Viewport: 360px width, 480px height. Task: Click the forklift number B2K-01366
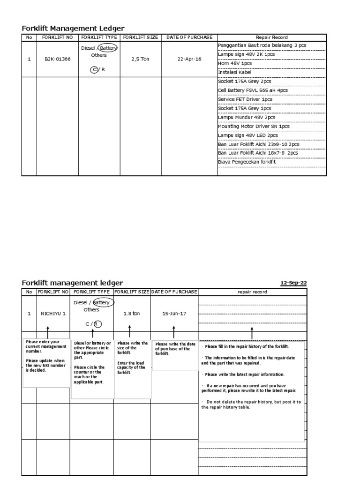[57, 60]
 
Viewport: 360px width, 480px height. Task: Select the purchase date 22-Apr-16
[189, 60]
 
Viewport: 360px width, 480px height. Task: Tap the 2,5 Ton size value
[140, 60]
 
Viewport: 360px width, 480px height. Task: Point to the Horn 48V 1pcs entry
[234, 63]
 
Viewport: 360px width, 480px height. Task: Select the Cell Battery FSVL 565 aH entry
[253, 90]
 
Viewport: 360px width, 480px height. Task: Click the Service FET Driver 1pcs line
[245, 99]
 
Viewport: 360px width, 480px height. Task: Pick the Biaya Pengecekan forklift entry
[247, 162]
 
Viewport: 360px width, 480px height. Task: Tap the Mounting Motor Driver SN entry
[254, 126]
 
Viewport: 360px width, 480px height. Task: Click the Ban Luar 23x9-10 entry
[259, 144]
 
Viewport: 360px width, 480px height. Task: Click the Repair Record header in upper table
[271, 37]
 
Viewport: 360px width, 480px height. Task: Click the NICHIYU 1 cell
[53, 313]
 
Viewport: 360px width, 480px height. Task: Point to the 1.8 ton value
[131, 313]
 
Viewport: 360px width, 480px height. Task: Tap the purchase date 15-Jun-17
[174, 313]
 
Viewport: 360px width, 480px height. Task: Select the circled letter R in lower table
[96, 324]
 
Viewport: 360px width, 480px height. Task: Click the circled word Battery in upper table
[107, 48]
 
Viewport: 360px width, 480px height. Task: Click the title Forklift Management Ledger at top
[73, 29]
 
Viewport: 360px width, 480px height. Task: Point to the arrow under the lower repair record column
[252, 334]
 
